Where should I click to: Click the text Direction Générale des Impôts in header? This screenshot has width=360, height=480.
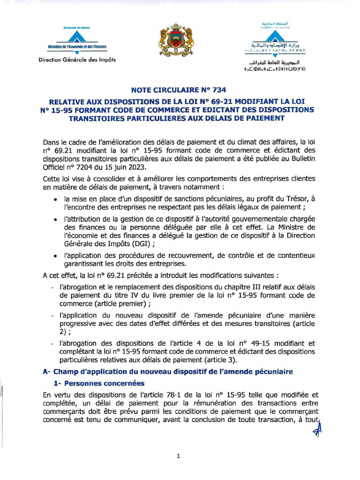click(77, 59)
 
